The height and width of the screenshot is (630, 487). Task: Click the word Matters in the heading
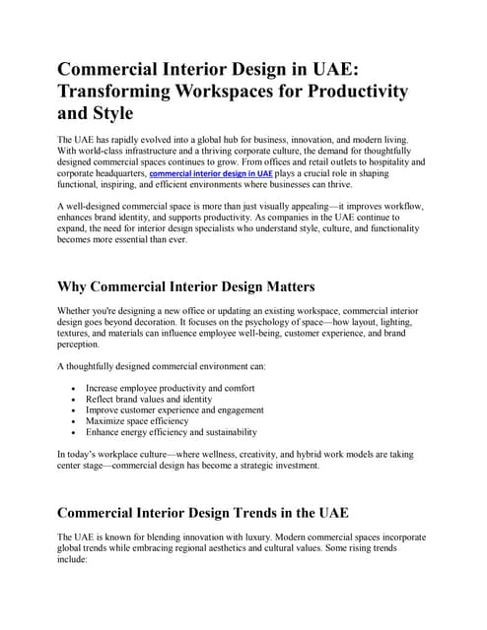(275, 286)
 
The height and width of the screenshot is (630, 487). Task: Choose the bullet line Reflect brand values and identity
(149, 400)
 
